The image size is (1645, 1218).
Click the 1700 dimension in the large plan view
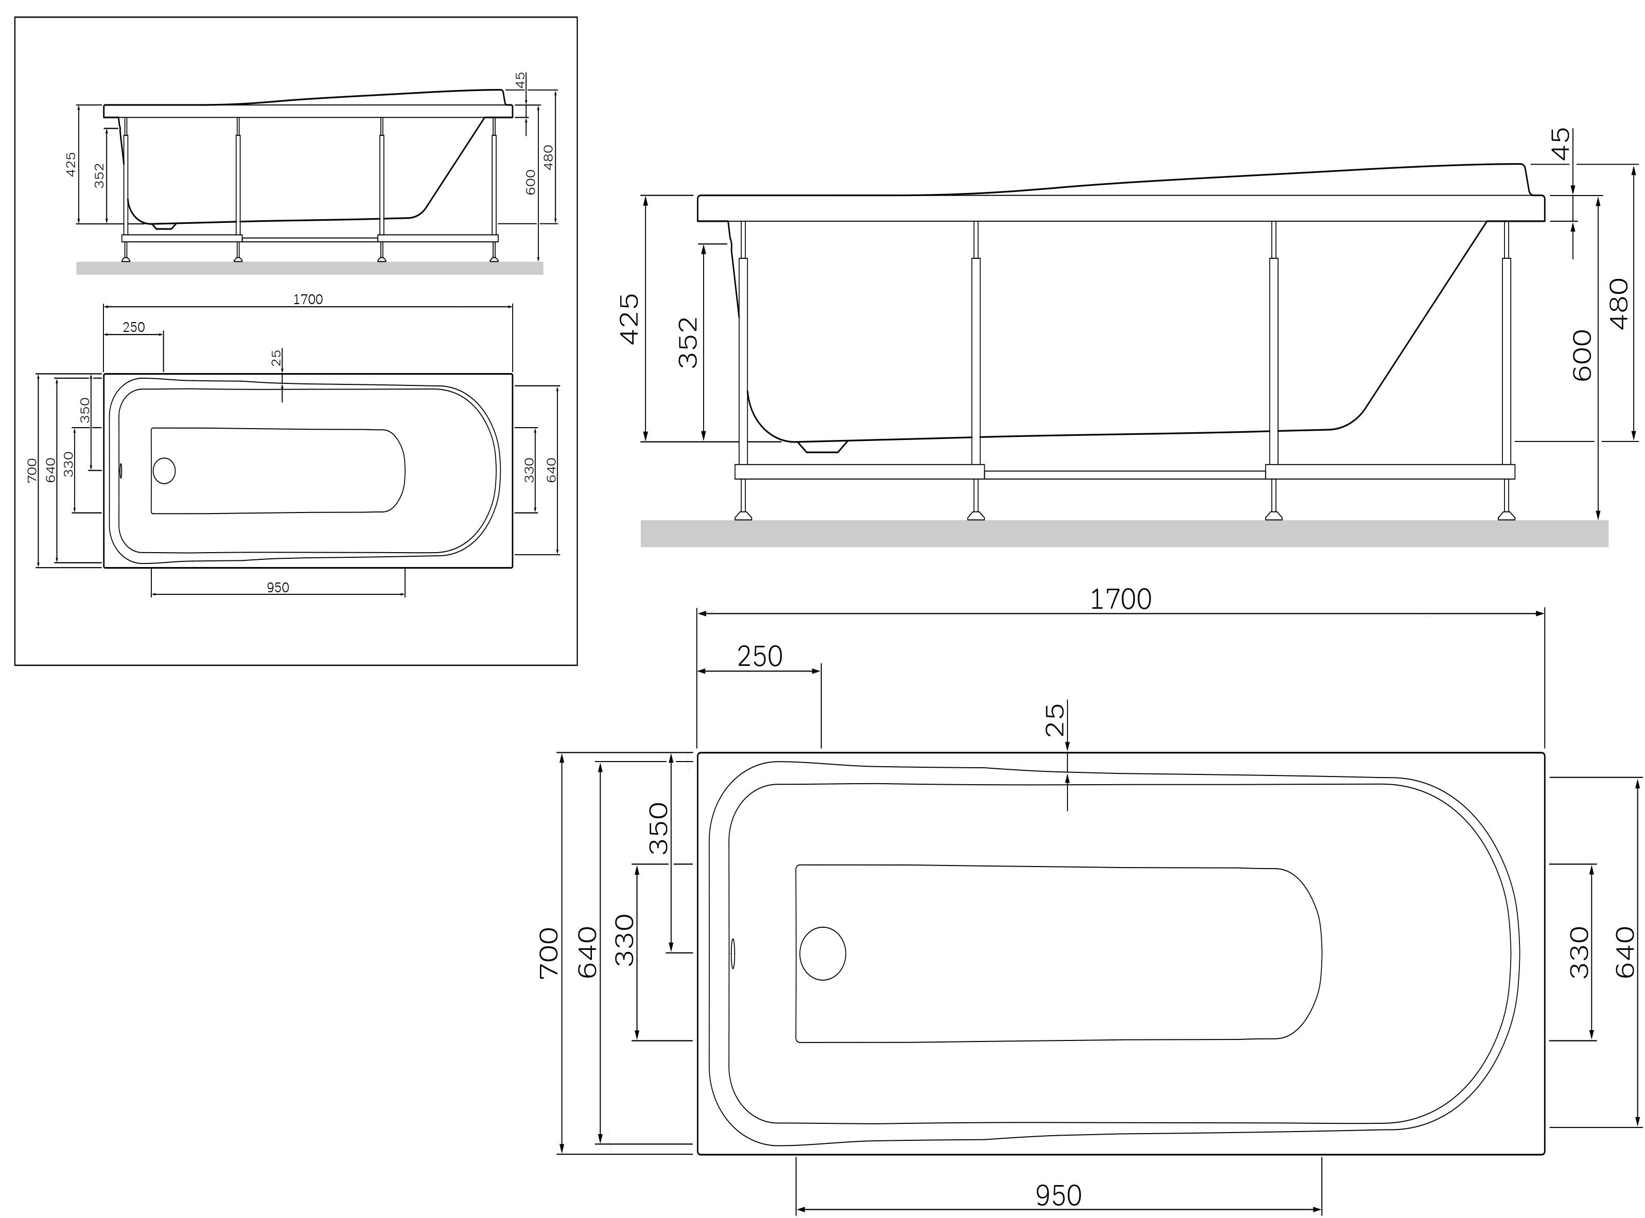[x=1120, y=599]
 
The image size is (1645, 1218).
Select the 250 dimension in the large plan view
[x=760, y=656]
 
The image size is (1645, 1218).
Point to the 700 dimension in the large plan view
[x=549, y=952]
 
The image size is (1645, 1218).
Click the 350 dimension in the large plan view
[x=658, y=828]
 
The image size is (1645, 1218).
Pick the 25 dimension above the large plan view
[x=1055, y=719]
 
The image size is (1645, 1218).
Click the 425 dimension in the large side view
[x=629, y=319]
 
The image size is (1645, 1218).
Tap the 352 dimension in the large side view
[x=687, y=342]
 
